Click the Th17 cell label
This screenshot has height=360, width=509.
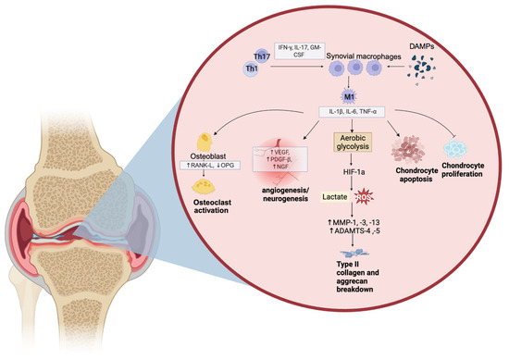(x=262, y=57)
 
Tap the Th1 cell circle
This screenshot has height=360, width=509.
(x=252, y=69)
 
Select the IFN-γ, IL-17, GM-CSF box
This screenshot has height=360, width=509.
(x=299, y=51)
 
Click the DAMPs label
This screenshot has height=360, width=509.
(x=422, y=47)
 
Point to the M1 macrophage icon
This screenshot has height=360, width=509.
(x=348, y=96)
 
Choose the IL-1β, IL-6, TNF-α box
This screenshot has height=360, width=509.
(x=353, y=112)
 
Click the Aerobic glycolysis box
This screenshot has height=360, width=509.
(x=353, y=143)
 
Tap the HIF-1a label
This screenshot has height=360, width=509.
(x=354, y=172)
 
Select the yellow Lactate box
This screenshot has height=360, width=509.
(x=334, y=197)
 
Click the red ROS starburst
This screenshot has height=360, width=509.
(x=364, y=197)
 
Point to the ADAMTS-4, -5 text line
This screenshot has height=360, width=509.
(x=354, y=231)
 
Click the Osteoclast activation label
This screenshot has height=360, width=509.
(x=212, y=206)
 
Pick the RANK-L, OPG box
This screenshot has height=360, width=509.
(x=210, y=166)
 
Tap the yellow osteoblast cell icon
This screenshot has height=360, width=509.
(x=205, y=142)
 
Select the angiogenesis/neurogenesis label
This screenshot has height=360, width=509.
(x=285, y=194)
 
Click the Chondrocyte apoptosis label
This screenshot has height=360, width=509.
(x=416, y=175)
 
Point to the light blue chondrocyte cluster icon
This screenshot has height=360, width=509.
(x=455, y=149)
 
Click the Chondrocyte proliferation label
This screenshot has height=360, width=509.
(x=462, y=169)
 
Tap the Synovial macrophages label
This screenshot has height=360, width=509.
(x=364, y=56)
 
